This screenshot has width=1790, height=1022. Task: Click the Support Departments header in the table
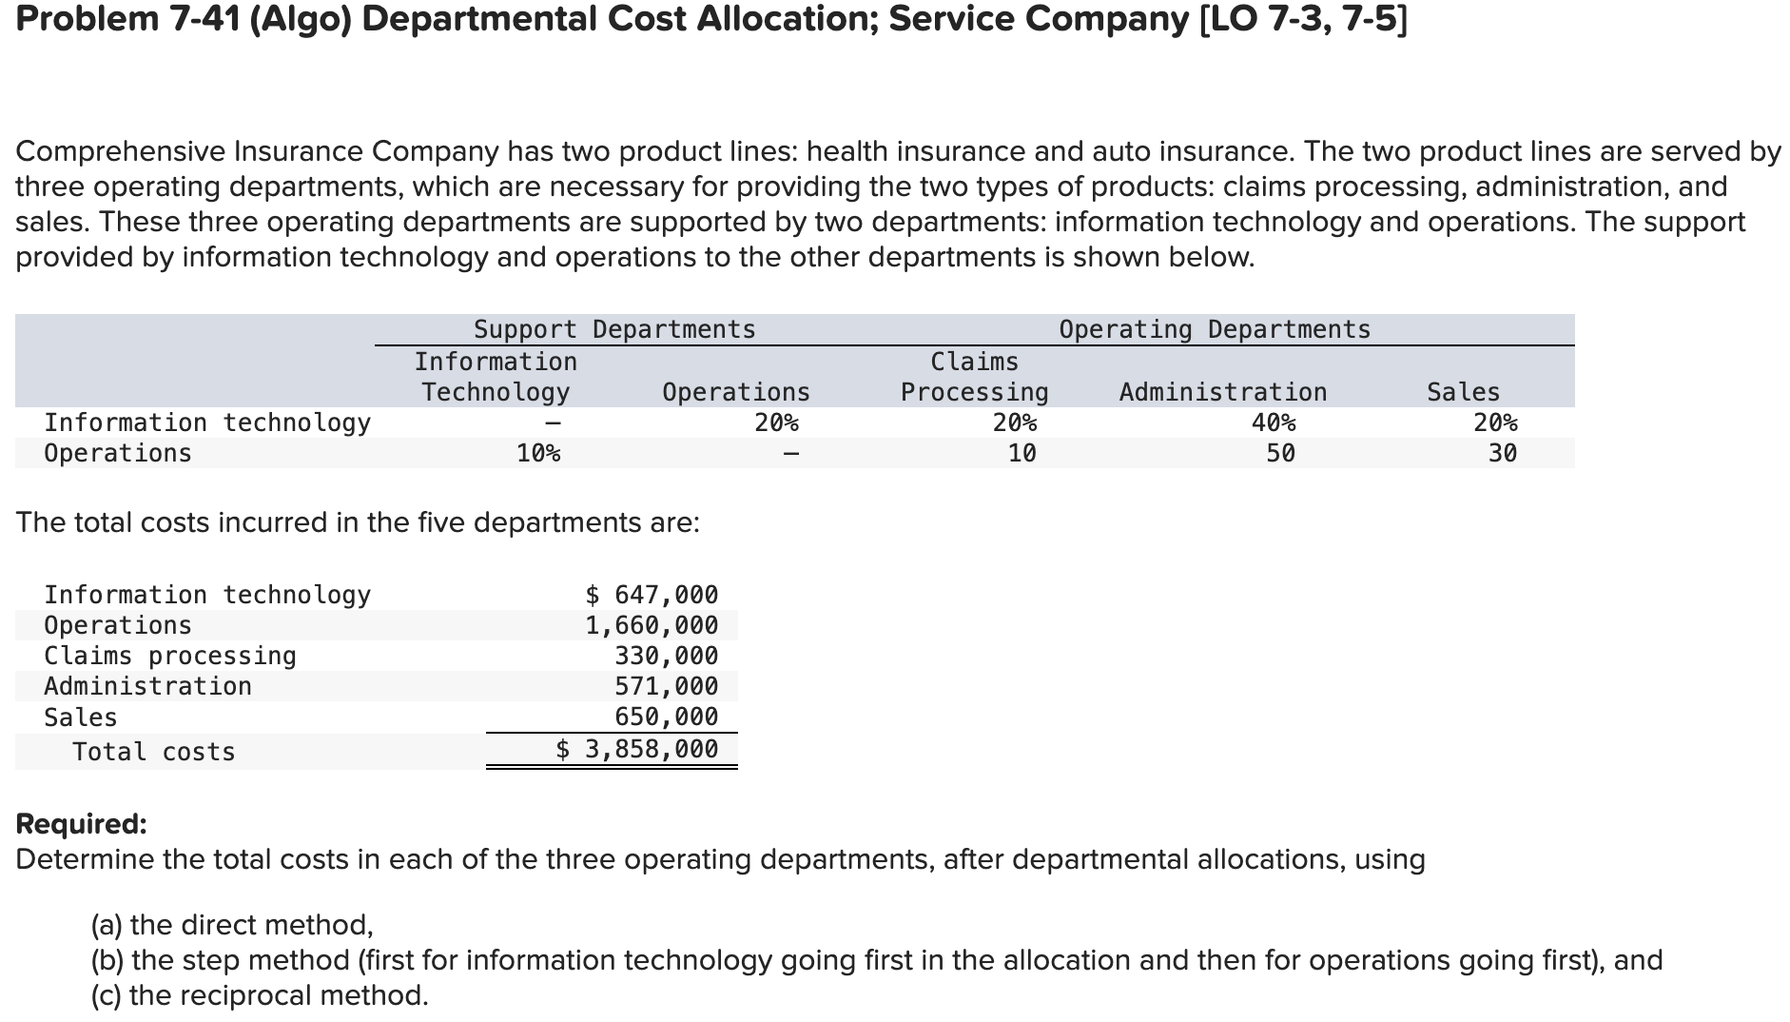click(x=614, y=329)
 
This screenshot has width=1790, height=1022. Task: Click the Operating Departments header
click(x=1215, y=329)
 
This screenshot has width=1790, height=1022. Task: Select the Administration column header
click(x=1222, y=392)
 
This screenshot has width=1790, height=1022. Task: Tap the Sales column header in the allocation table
click(x=1463, y=392)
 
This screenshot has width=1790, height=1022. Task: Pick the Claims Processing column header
click(x=974, y=377)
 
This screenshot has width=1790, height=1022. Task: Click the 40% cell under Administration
click(x=1273, y=423)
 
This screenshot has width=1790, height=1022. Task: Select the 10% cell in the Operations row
click(x=538, y=453)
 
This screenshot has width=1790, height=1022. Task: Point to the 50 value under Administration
click(x=1280, y=453)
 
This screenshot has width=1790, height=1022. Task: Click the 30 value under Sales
click(x=1502, y=453)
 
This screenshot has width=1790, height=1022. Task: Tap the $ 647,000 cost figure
click(x=652, y=595)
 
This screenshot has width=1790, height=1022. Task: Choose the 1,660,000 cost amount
click(x=652, y=625)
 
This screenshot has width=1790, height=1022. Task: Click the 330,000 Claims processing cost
click(x=666, y=656)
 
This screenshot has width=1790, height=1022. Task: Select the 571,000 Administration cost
click(x=666, y=686)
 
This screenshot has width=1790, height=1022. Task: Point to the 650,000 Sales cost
click(x=666, y=717)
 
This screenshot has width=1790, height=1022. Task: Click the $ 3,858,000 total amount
click(x=637, y=749)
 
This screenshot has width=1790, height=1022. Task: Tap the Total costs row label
click(x=153, y=752)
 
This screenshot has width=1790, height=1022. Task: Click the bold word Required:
click(x=82, y=823)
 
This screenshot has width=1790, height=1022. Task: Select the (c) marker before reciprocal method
click(x=107, y=995)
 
